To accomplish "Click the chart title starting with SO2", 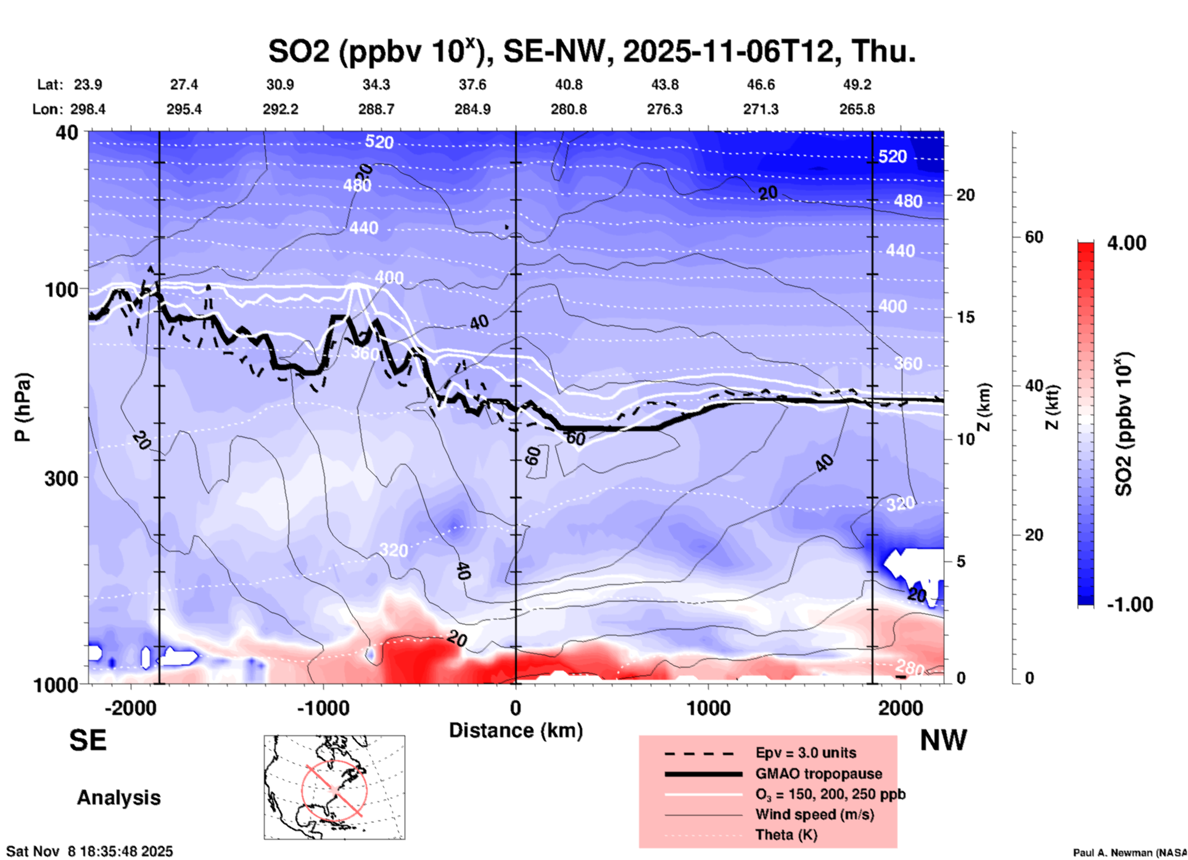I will [592, 51].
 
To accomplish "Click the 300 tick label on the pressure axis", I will [61, 478].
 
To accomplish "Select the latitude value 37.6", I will [472, 85].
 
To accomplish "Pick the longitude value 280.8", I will [568, 109].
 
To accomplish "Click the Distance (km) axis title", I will [516, 730].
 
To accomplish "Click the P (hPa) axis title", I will [23, 407].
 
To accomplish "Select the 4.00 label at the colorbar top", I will [1126, 243].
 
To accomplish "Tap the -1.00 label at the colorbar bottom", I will [1129, 604].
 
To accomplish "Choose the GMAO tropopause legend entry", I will [819, 774].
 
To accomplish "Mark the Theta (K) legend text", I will [786, 835].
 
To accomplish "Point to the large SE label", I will [88, 740].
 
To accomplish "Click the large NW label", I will [943, 740].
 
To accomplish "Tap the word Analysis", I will [118, 798].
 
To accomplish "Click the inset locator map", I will [334, 787].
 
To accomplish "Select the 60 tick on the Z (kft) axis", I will [1033, 237].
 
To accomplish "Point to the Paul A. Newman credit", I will [1129, 853].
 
